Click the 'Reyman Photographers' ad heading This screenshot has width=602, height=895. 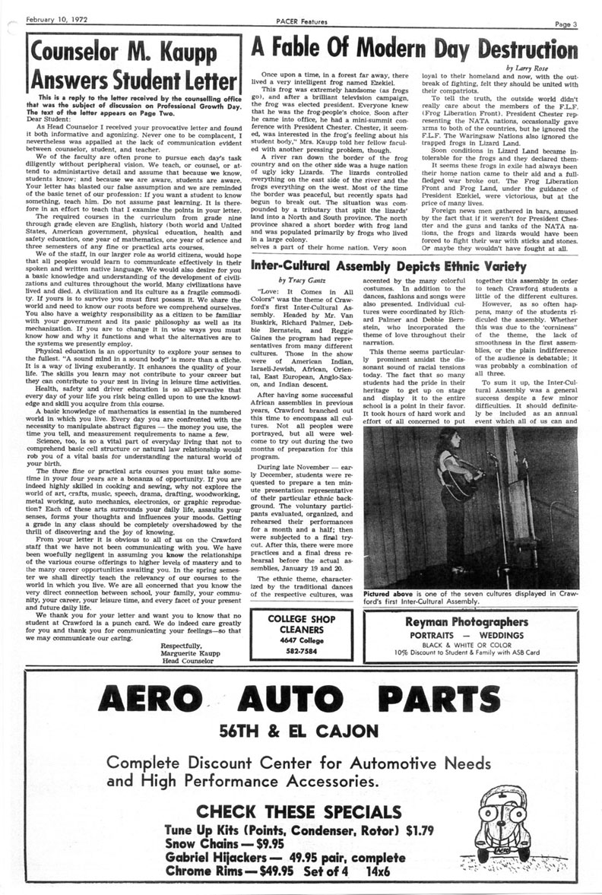466,601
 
